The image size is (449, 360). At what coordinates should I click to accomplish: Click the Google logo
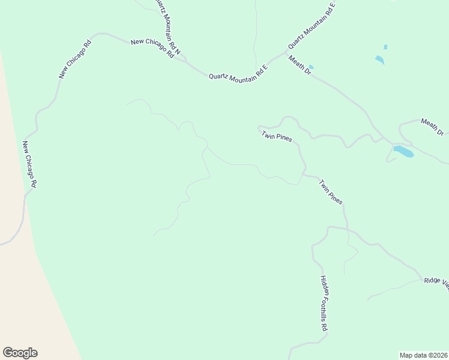coord(20,353)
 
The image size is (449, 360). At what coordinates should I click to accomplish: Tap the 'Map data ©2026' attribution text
coord(423,355)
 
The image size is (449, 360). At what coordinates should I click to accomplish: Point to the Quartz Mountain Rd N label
coord(167,28)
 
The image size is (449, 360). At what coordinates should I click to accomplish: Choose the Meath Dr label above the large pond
coord(432,126)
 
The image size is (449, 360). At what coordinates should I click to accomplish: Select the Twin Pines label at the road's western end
coord(276,137)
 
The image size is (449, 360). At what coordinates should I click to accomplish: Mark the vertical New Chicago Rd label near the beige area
coord(30,164)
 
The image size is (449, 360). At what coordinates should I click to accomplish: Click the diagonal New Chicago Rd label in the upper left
coord(75,59)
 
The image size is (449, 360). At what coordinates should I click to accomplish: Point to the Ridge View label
coord(436,281)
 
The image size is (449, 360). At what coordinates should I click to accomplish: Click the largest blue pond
coord(403,151)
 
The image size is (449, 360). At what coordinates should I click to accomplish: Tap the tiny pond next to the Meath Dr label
coord(311,67)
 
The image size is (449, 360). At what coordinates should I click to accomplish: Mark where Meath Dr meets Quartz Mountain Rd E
coord(286,53)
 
